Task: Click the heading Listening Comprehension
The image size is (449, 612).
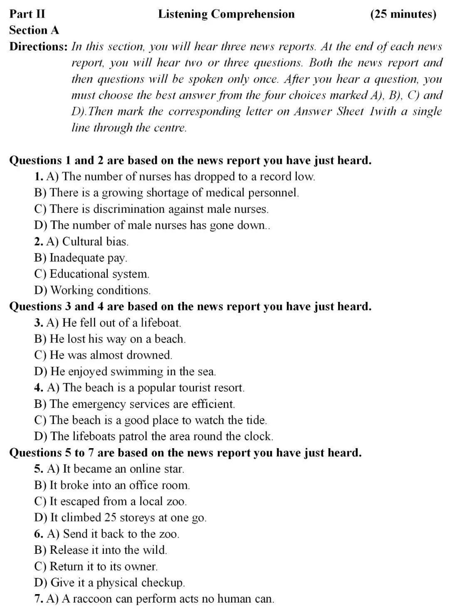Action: click(x=226, y=14)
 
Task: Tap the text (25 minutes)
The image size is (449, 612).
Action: click(x=403, y=14)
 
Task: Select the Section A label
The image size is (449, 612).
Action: click(x=34, y=30)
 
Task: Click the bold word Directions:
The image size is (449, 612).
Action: click(x=38, y=47)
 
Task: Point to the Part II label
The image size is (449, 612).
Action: click(x=27, y=14)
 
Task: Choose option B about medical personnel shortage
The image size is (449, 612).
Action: click(x=166, y=192)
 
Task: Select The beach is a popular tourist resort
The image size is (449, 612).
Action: click(x=146, y=387)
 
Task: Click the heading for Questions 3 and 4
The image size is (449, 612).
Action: click(x=190, y=306)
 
